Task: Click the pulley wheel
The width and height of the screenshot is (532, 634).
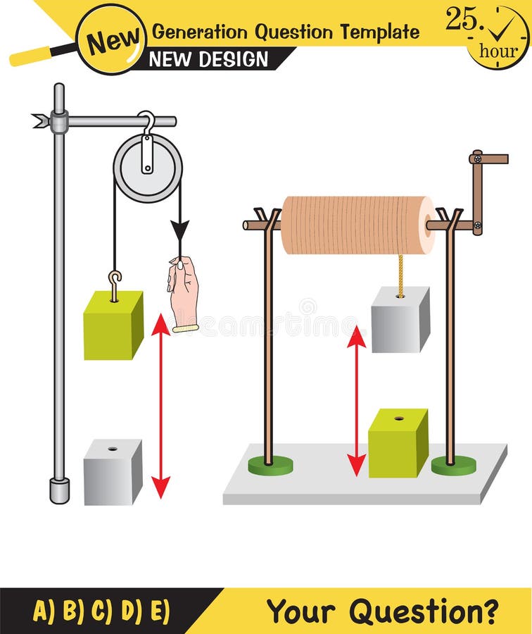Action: [148, 168]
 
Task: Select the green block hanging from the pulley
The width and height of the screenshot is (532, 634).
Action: [113, 325]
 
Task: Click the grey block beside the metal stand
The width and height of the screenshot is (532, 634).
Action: [113, 471]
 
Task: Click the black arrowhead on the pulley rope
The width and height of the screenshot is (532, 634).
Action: [180, 230]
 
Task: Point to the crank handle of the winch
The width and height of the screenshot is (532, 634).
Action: [488, 159]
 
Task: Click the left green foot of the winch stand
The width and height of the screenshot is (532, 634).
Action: [270, 464]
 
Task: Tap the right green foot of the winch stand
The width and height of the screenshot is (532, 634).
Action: [453, 465]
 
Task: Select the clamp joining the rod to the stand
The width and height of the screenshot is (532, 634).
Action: [58, 122]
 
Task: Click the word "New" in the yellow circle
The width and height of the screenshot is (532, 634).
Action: [110, 42]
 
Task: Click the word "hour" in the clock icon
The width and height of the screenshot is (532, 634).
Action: [498, 51]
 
